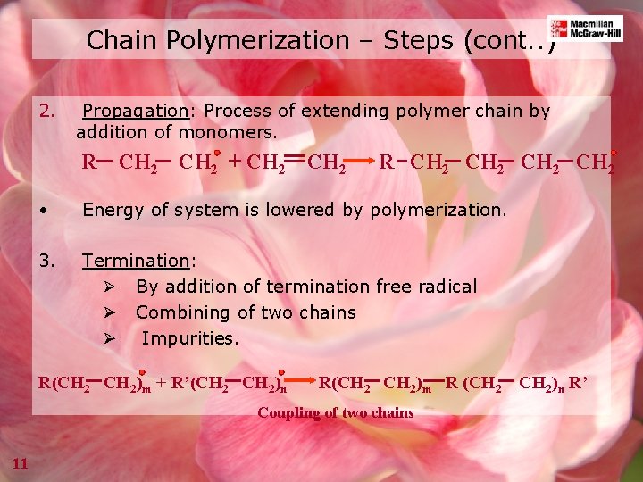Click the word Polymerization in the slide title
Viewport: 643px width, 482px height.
click(x=246, y=40)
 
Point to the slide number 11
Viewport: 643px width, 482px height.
click(x=21, y=461)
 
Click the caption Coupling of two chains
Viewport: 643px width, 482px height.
click(x=336, y=412)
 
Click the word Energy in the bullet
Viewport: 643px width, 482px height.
click(x=111, y=211)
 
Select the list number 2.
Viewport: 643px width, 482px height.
click(x=47, y=112)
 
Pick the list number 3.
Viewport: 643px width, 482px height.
click(x=47, y=261)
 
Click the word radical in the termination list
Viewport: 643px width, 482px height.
click(x=446, y=287)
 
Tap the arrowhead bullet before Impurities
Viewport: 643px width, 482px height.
click(x=109, y=339)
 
